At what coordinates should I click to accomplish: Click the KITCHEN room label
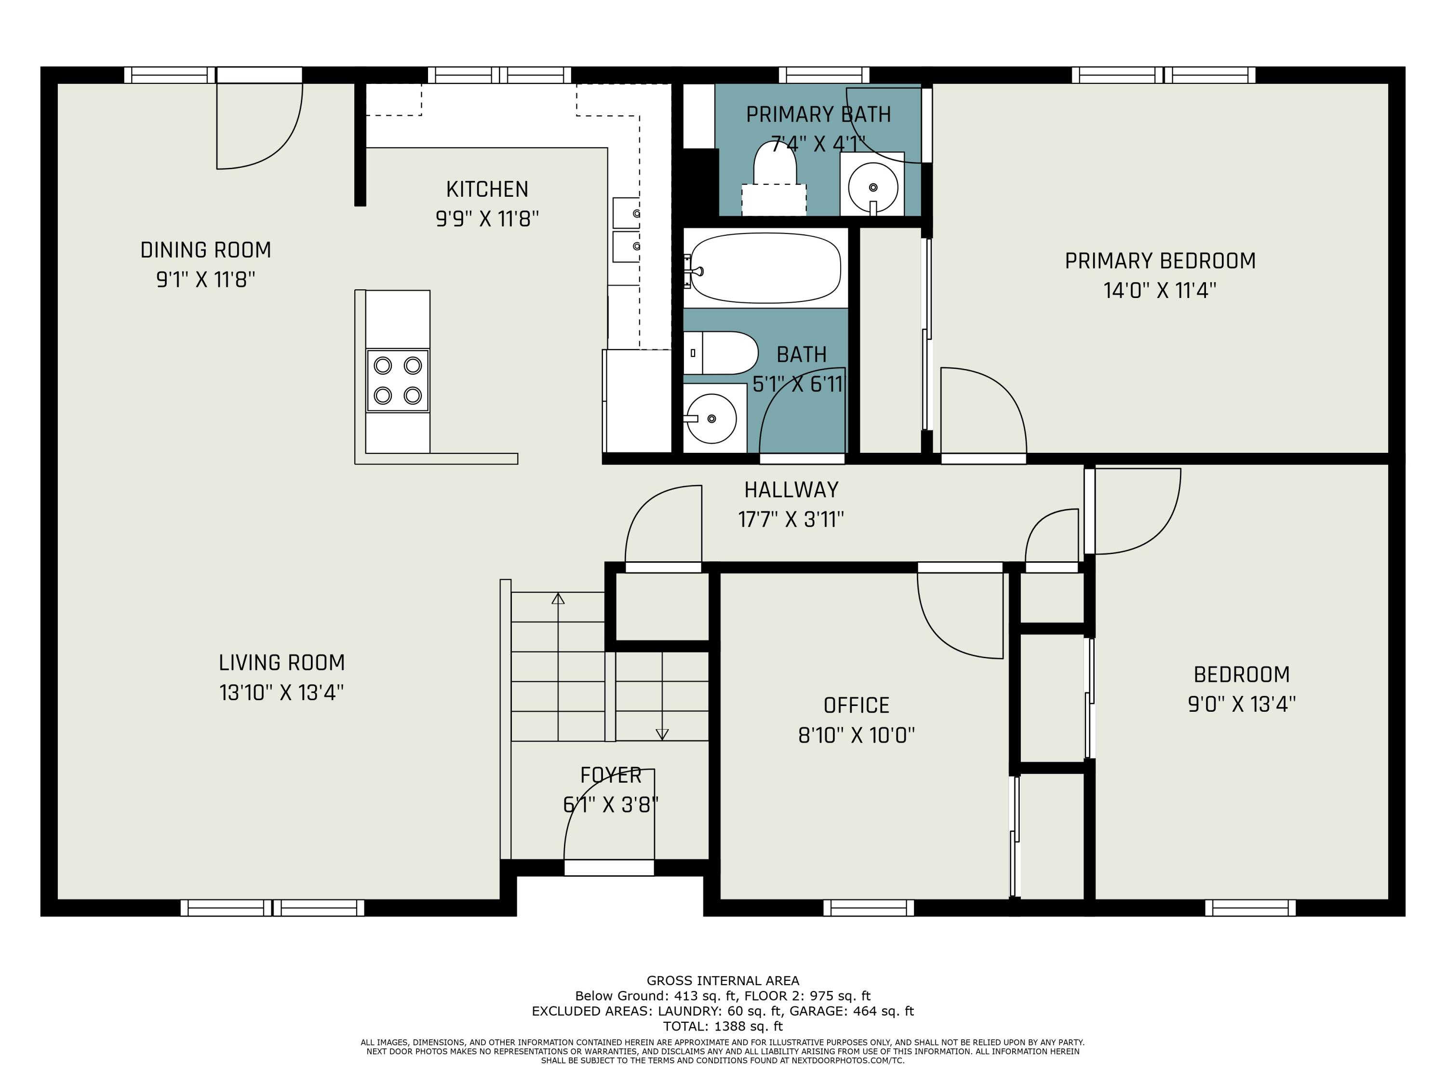click(487, 190)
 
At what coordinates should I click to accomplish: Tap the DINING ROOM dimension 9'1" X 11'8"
click(205, 280)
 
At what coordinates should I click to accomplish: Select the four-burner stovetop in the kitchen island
click(398, 380)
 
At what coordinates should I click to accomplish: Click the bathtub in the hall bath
click(765, 268)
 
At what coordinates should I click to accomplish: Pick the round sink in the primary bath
click(873, 187)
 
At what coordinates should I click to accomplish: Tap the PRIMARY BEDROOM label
click(1160, 261)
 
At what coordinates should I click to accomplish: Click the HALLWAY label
click(791, 490)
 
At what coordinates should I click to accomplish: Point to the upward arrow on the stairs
click(558, 598)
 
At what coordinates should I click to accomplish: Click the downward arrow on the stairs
click(662, 734)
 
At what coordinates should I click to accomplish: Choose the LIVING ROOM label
click(282, 663)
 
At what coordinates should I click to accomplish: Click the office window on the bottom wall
click(868, 907)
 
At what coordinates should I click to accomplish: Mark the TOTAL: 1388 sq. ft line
click(723, 1026)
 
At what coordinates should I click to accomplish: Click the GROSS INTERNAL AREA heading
click(723, 980)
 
